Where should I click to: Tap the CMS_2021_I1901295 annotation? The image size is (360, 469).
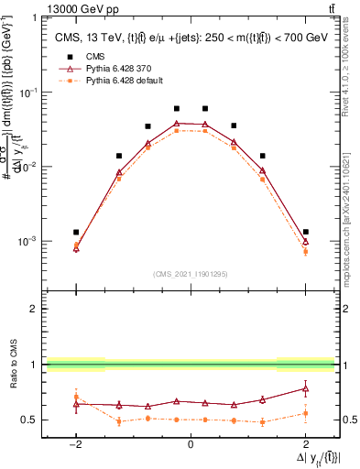190,274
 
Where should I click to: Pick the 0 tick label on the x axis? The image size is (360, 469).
191,444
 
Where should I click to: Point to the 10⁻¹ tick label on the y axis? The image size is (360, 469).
27,93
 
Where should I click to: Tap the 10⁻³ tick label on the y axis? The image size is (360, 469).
27,242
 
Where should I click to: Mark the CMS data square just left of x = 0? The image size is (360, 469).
177,108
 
